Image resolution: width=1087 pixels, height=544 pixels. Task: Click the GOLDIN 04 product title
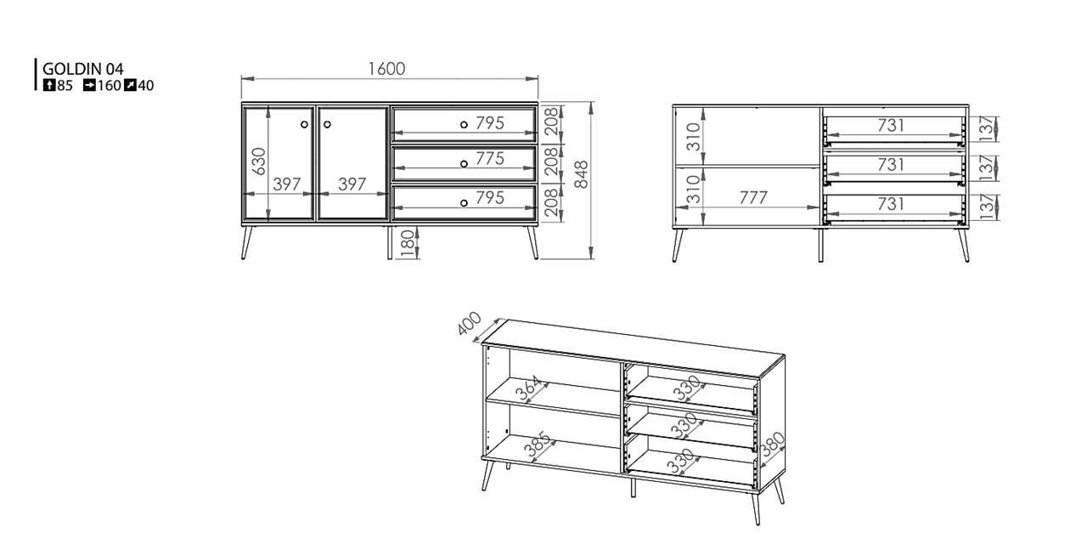[83, 69]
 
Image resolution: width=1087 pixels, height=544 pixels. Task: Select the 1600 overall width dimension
[386, 69]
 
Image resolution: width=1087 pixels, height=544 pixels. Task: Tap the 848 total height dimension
[581, 174]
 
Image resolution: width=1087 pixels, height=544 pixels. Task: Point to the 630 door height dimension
[259, 161]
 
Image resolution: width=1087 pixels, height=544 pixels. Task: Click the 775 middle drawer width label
[490, 158]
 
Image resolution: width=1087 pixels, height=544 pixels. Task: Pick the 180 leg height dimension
[408, 243]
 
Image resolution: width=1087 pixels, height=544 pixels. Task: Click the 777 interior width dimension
[753, 198]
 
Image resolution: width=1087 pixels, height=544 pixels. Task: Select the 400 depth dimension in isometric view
[470, 323]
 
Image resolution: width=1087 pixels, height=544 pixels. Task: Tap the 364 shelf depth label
[527, 388]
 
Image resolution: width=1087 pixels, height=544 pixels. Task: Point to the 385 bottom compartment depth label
[538, 445]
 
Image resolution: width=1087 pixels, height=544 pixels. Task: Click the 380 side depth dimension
[772, 445]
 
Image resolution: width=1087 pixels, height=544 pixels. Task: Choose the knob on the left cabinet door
[304, 124]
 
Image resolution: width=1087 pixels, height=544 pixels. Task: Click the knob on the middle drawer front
[464, 164]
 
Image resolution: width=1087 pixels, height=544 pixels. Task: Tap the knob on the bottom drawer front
[464, 203]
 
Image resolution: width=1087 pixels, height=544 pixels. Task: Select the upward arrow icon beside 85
[49, 86]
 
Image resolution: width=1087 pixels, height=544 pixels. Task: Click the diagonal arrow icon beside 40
[130, 86]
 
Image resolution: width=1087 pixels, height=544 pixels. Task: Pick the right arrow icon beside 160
[89, 86]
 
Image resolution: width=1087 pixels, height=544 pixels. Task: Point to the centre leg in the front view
[390, 242]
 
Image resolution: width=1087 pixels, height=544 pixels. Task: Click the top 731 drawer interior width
[891, 126]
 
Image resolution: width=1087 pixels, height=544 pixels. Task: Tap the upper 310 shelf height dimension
[695, 137]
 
